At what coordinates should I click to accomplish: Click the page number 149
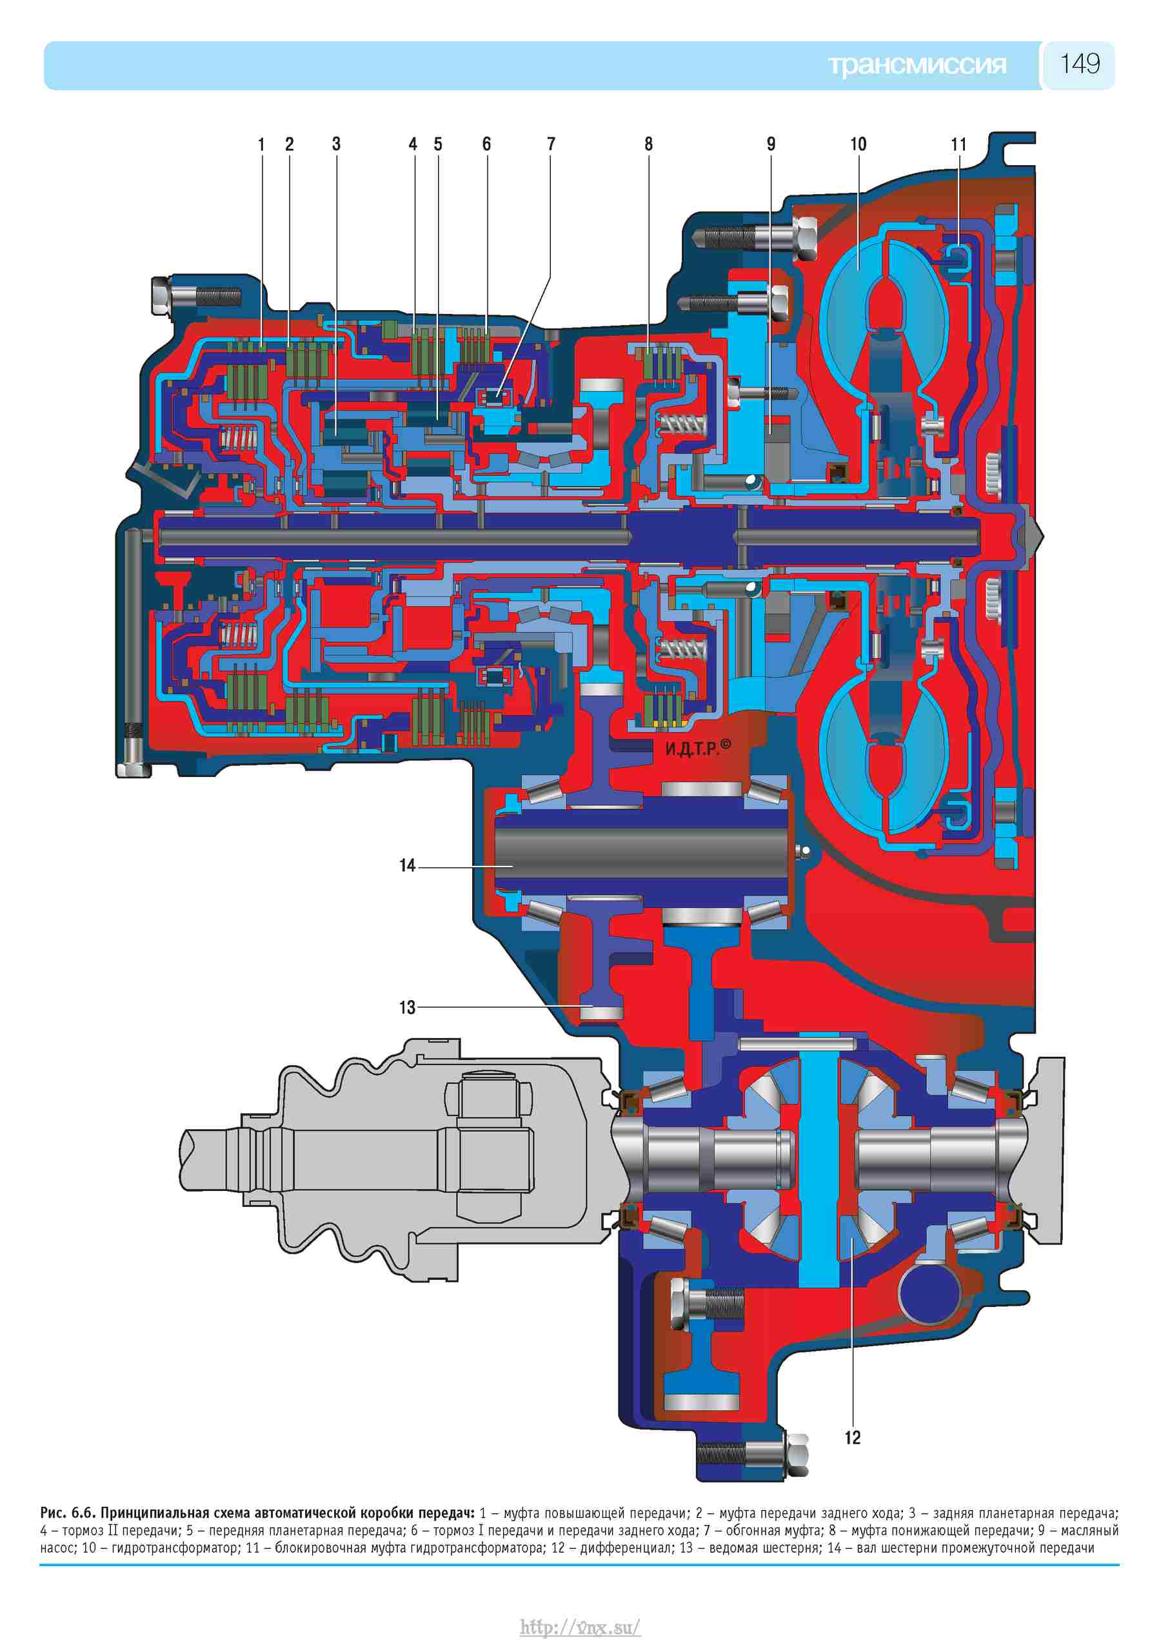pyautogui.click(x=1080, y=64)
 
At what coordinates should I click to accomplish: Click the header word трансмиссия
pyautogui.click(x=917, y=65)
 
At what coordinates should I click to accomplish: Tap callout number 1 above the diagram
pyautogui.click(x=262, y=144)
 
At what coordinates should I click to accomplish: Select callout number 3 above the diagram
pyautogui.click(x=336, y=144)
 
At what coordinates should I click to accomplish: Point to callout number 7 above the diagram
pyautogui.click(x=551, y=144)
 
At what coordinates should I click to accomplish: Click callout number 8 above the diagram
pyautogui.click(x=648, y=144)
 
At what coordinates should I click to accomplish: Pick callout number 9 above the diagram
pyautogui.click(x=771, y=144)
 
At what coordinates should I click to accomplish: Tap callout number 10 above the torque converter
pyautogui.click(x=858, y=144)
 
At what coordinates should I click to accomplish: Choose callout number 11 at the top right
pyautogui.click(x=958, y=144)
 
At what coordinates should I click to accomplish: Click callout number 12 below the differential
pyautogui.click(x=853, y=1437)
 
